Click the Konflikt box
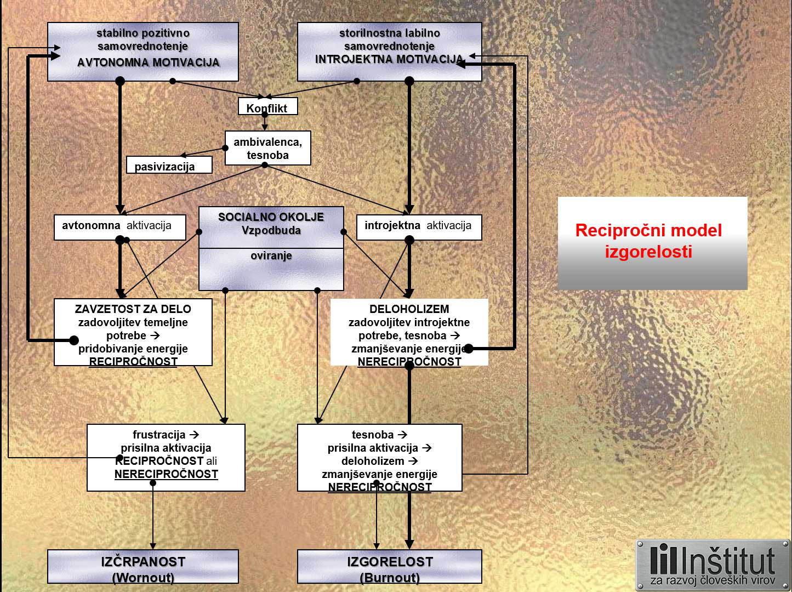click(x=267, y=107)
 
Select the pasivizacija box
click(x=169, y=166)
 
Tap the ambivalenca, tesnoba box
click(x=267, y=148)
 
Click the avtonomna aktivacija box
click(x=119, y=226)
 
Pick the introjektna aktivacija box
click(x=419, y=226)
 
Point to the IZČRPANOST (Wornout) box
click(x=143, y=567)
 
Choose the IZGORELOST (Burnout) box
click(x=390, y=567)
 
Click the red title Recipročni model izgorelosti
click(x=649, y=241)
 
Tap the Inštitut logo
click(x=713, y=565)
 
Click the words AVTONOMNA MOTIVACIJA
click(x=148, y=62)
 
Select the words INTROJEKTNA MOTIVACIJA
click(x=389, y=59)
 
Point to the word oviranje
click(x=271, y=256)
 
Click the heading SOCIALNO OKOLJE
click(x=271, y=217)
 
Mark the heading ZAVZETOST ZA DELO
click(x=133, y=309)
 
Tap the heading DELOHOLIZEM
click(x=409, y=309)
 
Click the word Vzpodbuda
click(x=271, y=230)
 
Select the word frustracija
click(x=159, y=435)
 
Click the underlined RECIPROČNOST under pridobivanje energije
click(x=133, y=362)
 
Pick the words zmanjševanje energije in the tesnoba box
click(x=379, y=474)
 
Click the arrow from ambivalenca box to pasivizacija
click(x=203, y=152)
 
